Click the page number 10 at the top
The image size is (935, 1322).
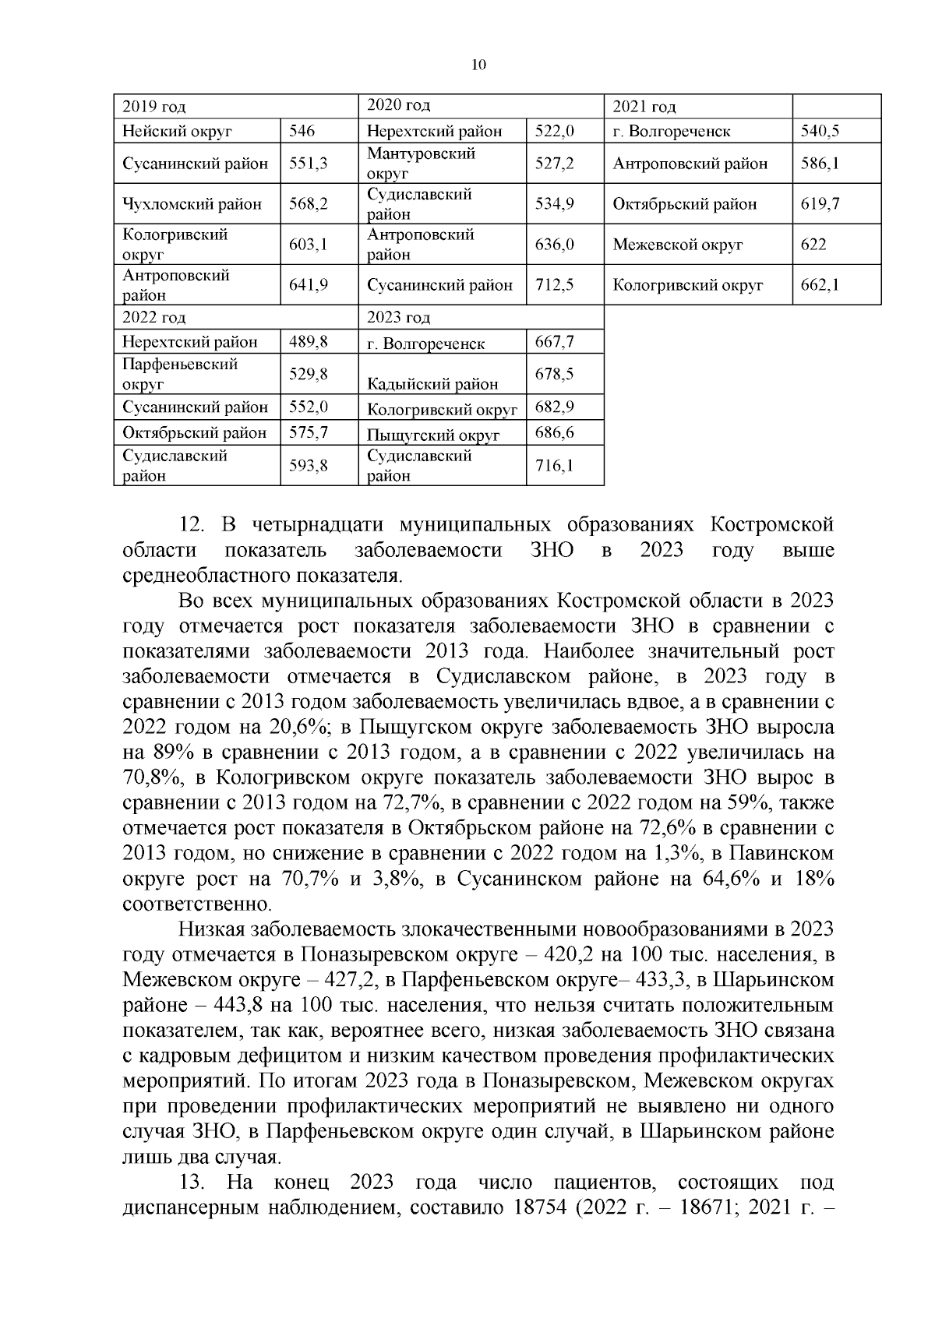pyautogui.click(x=478, y=65)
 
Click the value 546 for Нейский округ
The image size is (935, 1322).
pyautogui.click(x=302, y=131)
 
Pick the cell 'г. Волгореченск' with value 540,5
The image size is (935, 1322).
pyautogui.click(x=672, y=131)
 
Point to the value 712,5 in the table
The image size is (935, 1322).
pyautogui.click(x=555, y=285)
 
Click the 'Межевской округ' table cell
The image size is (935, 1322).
pyautogui.click(x=678, y=245)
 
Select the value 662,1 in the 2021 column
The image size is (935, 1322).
pyautogui.click(x=820, y=285)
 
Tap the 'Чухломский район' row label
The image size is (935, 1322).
pyautogui.click(x=192, y=204)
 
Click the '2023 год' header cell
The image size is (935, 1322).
pyautogui.click(x=398, y=317)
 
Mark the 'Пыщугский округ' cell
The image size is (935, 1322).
pyautogui.click(x=432, y=435)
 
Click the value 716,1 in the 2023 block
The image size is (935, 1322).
pyautogui.click(x=555, y=466)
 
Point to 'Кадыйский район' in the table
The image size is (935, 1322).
pyautogui.click(x=432, y=384)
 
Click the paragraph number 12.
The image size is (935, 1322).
pyautogui.click(x=192, y=525)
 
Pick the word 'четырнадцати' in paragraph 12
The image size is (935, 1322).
pyautogui.click(x=309, y=525)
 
